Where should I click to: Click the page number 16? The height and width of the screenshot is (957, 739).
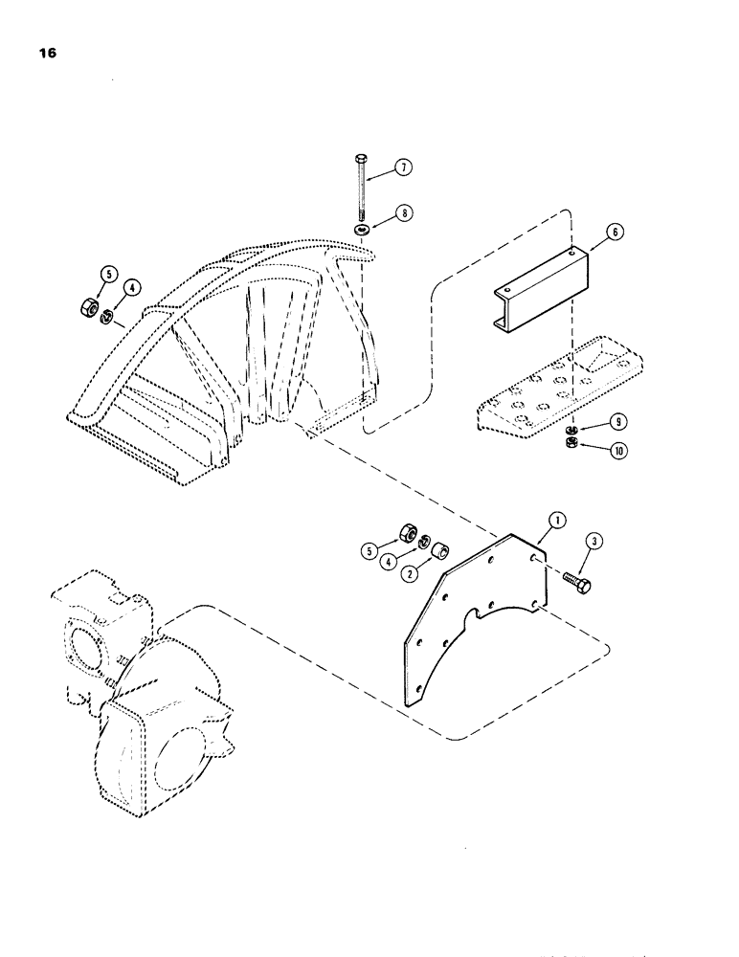47,55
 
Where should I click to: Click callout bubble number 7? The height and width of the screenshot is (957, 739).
405,169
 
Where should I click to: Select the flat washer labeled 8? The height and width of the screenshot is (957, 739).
361,232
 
